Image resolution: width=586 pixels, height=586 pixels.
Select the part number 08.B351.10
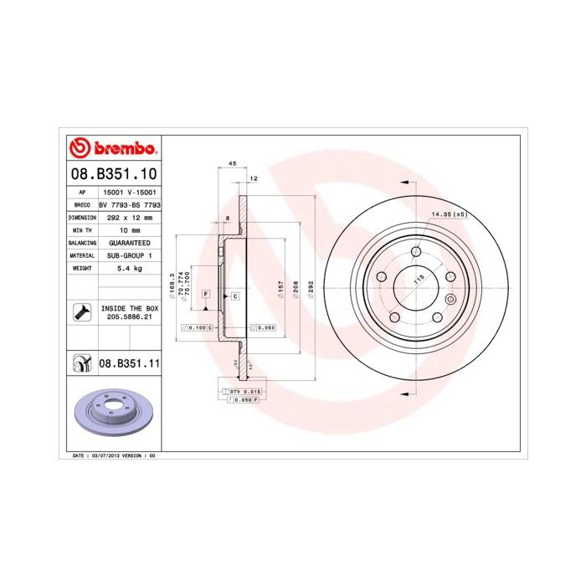pos(112,175)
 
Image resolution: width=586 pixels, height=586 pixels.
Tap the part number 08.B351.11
pos(130,363)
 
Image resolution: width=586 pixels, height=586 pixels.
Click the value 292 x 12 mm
pos(130,217)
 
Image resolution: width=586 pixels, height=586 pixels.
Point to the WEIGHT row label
pos(80,268)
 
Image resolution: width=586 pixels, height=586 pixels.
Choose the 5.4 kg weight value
pos(130,268)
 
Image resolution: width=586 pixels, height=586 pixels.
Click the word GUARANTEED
pos(130,242)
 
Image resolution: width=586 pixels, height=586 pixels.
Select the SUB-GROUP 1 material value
pos(130,254)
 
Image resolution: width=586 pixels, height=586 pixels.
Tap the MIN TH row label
pos(80,229)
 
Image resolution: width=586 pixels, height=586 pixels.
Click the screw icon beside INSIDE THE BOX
pos(81,313)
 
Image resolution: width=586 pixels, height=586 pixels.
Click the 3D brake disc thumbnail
pos(112,413)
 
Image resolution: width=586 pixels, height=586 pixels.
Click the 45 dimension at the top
pos(231,165)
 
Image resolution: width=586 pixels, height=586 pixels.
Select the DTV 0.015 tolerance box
pos(244,392)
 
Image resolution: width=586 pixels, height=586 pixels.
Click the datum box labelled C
pos(235,296)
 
